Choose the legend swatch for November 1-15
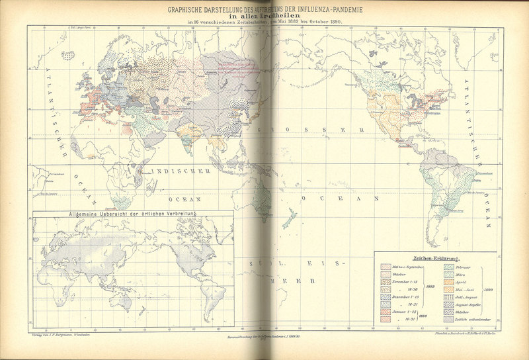point(386,283)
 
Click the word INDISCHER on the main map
point(181,171)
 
